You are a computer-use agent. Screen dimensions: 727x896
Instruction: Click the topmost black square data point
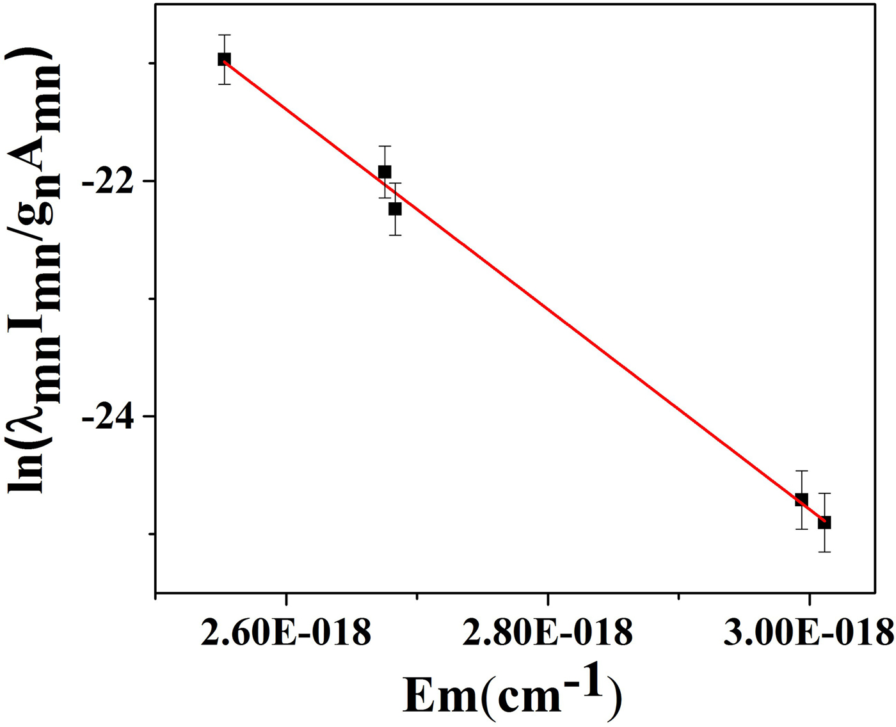click(x=224, y=59)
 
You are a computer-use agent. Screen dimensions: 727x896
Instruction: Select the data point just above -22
click(x=385, y=172)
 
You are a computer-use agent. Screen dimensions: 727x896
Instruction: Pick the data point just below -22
click(x=395, y=209)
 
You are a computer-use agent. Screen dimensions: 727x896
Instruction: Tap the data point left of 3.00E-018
click(x=801, y=500)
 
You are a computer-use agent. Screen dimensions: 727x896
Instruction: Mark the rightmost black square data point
click(x=824, y=523)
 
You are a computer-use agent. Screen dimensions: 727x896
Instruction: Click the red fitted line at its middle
click(x=524, y=291)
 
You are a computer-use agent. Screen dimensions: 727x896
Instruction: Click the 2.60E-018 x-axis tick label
click(x=285, y=633)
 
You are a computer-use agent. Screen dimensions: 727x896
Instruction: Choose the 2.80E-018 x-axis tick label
click(x=548, y=633)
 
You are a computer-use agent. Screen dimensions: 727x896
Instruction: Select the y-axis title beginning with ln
click(x=35, y=269)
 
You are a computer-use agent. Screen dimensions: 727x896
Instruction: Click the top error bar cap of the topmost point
click(x=224, y=35)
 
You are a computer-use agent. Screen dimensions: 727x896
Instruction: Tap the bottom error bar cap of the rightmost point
click(x=824, y=552)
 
